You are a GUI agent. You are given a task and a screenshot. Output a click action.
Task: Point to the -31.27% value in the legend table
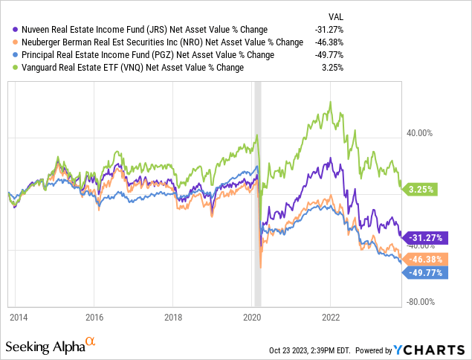tap(328, 30)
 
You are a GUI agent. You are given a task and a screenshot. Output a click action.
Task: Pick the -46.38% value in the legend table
tap(328, 42)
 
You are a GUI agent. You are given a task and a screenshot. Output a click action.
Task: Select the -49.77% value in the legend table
tap(328, 55)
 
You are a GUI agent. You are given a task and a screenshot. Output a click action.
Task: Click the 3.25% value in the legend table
tap(332, 68)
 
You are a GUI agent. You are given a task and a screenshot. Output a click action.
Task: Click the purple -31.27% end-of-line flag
tap(426, 238)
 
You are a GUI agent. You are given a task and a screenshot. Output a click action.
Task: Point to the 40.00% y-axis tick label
tap(417, 134)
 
